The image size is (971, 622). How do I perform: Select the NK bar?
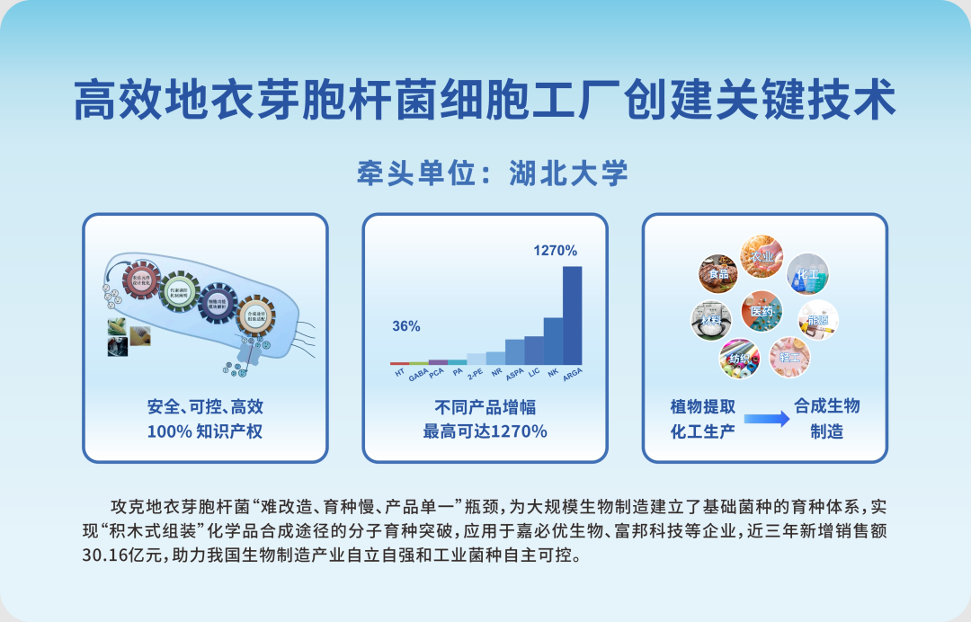coord(553,341)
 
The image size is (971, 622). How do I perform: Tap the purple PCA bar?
coord(438,361)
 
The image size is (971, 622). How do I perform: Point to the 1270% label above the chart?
coord(555,251)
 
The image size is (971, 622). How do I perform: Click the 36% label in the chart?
coord(405,326)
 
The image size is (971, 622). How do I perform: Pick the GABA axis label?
coord(418,375)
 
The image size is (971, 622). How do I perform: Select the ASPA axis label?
coord(514,374)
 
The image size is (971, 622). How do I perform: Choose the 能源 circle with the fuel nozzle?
coord(818,320)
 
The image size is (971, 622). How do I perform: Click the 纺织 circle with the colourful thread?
coord(739,357)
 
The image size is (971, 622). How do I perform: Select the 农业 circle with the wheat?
coord(762,257)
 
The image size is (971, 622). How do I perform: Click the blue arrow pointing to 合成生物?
coord(766,418)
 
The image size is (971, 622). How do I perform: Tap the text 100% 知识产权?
coord(205,431)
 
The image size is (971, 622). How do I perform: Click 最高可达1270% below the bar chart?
coord(485,431)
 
